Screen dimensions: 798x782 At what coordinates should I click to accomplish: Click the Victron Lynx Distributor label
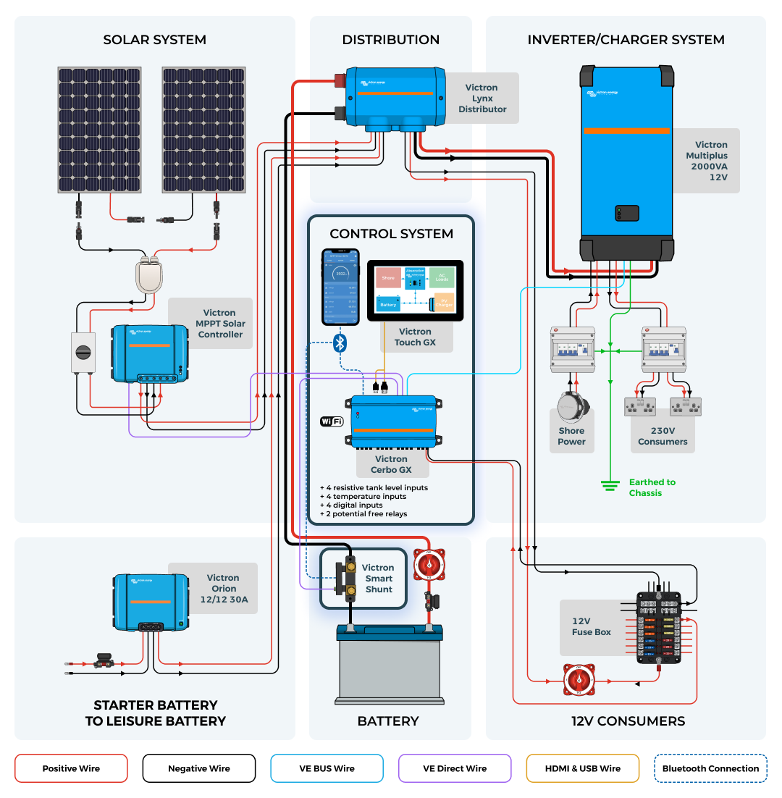point(482,98)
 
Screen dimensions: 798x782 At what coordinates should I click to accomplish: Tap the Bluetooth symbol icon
point(340,343)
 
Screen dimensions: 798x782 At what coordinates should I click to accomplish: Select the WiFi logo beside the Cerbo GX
point(332,421)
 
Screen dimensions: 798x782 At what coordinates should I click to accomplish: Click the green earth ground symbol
point(611,484)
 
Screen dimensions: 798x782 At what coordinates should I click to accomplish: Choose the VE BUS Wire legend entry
point(327,768)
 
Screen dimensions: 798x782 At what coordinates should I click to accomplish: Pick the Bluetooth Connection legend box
point(710,768)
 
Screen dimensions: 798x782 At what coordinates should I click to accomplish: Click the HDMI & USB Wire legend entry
point(583,768)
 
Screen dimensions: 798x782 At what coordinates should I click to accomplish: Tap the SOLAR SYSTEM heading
point(154,40)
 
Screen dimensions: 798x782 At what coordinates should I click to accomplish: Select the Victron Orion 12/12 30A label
point(223,589)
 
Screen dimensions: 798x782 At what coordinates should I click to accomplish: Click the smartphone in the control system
point(340,287)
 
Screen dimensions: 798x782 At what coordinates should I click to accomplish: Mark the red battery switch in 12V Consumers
point(579,681)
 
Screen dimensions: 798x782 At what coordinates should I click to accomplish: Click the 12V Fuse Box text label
point(592,626)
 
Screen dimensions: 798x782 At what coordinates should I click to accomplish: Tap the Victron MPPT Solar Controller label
point(220,324)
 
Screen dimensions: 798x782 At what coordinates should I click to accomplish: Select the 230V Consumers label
point(663,436)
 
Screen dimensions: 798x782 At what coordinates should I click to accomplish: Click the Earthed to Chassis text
point(652,487)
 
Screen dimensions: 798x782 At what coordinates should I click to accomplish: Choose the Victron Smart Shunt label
point(378,579)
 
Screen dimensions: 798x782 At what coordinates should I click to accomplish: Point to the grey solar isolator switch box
point(83,353)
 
